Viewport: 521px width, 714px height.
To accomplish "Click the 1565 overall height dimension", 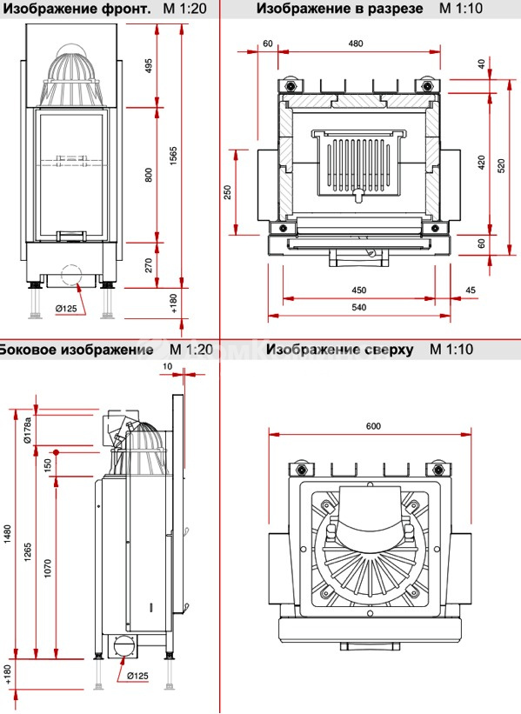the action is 173,156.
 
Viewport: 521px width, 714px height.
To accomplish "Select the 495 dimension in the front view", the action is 149,66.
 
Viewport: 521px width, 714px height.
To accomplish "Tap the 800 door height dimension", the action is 149,176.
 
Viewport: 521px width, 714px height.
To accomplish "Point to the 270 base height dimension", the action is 149,265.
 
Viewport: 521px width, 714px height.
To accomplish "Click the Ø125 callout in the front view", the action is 66,308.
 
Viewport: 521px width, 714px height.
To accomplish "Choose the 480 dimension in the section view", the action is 356,43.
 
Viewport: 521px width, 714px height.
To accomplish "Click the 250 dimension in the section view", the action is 228,192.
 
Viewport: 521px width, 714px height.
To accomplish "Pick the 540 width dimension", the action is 359,307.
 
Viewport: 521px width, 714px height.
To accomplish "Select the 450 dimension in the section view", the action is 359,290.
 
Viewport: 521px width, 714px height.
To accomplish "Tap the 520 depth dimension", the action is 501,166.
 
